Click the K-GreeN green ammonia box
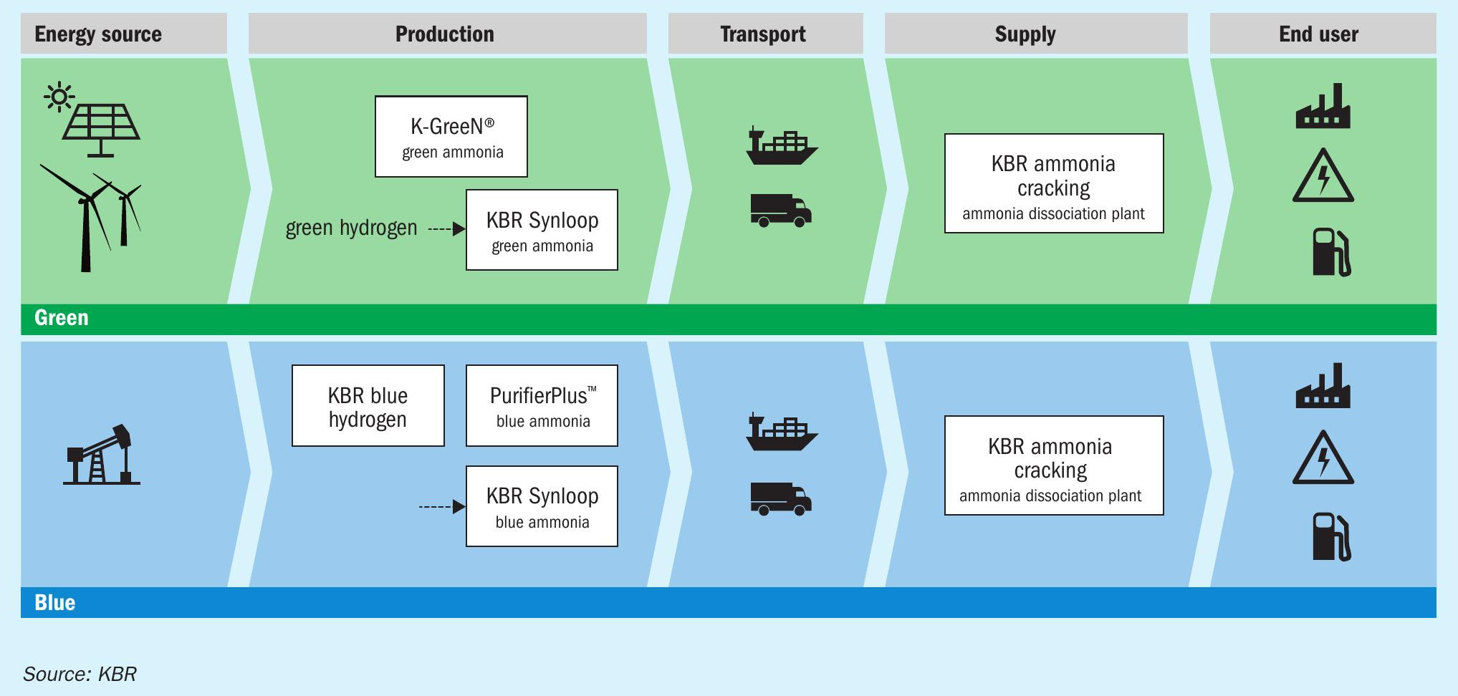[x=451, y=137]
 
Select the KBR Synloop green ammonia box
[x=542, y=230]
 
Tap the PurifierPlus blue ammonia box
[x=542, y=406]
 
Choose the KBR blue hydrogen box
[x=368, y=406]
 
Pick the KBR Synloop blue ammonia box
[x=542, y=506]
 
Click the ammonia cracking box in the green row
[x=1054, y=183]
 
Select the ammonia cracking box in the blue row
[x=1054, y=465]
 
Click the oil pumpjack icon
[x=101, y=455]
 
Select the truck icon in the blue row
[x=781, y=498]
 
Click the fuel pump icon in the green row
[x=1331, y=252]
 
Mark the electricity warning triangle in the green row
[x=1323, y=176]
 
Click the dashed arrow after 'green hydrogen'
[x=447, y=229]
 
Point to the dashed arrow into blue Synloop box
[x=442, y=507]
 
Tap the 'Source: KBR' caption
[x=80, y=674]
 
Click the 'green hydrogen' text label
[x=351, y=228]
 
